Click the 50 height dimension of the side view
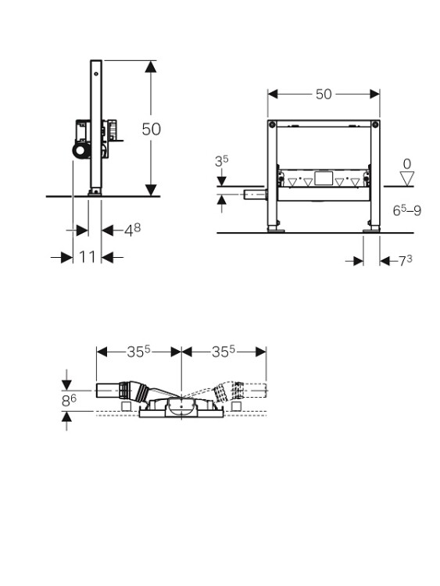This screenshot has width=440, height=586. pyautogui.click(x=152, y=129)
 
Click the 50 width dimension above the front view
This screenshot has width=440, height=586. pyautogui.click(x=324, y=95)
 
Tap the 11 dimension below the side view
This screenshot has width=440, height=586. pyautogui.click(x=87, y=257)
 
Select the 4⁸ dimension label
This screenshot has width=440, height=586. pyautogui.click(x=132, y=230)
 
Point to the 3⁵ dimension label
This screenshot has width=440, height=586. pyautogui.click(x=221, y=161)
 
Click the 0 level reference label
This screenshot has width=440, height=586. pyautogui.click(x=407, y=164)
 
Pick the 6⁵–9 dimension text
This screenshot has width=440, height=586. pyautogui.click(x=407, y=210)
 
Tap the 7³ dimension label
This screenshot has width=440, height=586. pyautogui.click(x=406, y=260)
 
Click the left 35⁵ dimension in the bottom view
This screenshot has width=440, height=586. pyautogui.click(x=138, y=352)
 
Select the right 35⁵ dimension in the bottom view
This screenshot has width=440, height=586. pyautogui.click(x=224, y=352)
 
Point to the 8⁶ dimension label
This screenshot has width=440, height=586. pyautogui.click(x=69, y=401)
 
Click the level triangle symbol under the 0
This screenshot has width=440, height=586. pyautogui.click(x=407, y=178)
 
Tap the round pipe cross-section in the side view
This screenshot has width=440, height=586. pyautogui.click(x=80, y=151)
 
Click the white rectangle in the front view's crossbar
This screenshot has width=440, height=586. pyautogui.click(x=324, y=178)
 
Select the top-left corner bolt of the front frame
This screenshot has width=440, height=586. pyautogui.click(x=272, y=124)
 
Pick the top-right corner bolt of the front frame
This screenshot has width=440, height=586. pyautogui.click(x=375, y=124)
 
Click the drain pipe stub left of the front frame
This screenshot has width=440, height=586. pyautogui.click(x=254, y=195)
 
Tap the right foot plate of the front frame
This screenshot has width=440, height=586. pyautogui.click(x=371, y=230)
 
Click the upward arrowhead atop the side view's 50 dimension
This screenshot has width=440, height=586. pyautogui.click(x=151, y=66)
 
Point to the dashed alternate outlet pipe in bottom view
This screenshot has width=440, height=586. pyautogui.click(x=239, y=391)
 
